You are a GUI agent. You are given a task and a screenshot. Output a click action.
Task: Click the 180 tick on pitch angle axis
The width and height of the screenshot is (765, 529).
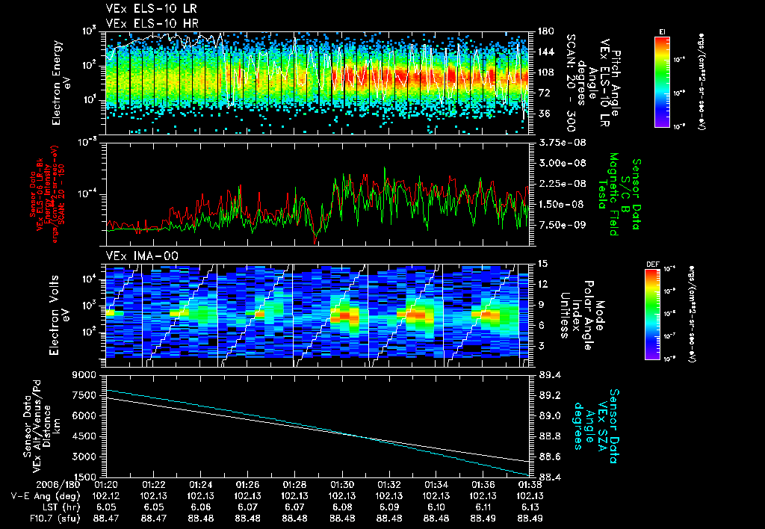click(x=545, y=31)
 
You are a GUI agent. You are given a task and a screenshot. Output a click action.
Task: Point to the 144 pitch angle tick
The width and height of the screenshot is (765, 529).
click(x=545, y=52)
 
